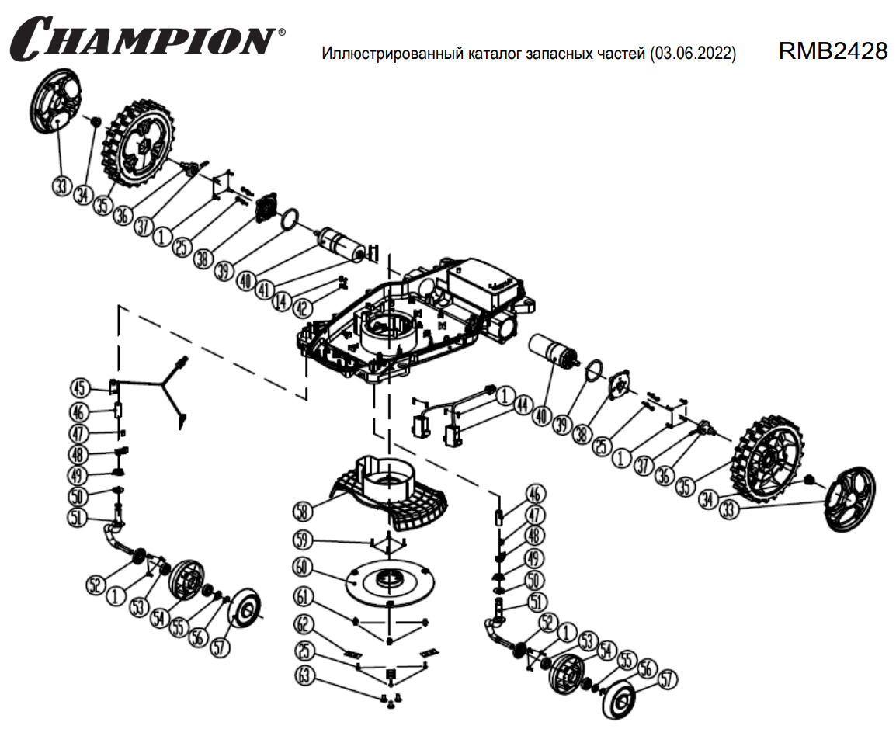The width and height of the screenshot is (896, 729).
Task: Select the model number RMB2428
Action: pyautogui.click(x=832, y=51)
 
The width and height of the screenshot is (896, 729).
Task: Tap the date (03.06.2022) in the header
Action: pyautogui.click(x=694, y=54)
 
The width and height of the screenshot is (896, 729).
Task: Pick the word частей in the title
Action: pyautogui.click(x=624, y=54)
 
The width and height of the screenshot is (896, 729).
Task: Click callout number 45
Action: pyautogui.click(x=80, y=387)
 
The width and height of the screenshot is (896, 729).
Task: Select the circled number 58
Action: pyautogui.click(x=304, y=510)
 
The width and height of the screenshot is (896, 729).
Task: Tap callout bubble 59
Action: pyautogui.click(x=304, y=539)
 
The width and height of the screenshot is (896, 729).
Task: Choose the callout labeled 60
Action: pyautogui.click(x=304, y=568)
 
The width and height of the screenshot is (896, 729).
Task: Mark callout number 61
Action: pyautogui.click(x=304, y=596)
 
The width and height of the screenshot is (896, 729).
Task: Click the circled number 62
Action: pyautogui.click(x=304, y=623)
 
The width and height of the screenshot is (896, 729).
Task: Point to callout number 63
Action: pyautogui.click(x=304, y=676)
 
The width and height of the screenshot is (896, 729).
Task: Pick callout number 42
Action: pyautogui.click(x=303, y=308)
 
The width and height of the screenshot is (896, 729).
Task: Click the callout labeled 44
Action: pyautogui.click(x=523, y=404)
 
